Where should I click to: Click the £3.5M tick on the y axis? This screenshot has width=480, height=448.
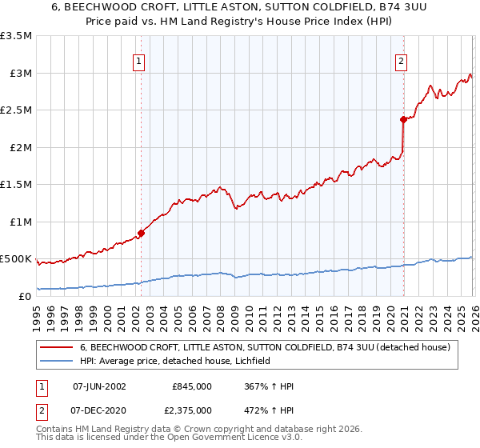click(x=16, y=36)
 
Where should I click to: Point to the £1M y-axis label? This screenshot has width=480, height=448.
click(x=19, y=222)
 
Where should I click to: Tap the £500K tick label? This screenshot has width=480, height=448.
click(x=16, y=259)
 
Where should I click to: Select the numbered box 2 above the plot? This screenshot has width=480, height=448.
click(x=401, y=60)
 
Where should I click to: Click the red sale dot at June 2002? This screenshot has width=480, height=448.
click(x=141, y=234)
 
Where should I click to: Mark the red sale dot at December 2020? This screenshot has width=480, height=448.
click(x=403, y=120)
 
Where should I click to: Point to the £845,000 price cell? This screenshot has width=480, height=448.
click(x=191, y=386)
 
